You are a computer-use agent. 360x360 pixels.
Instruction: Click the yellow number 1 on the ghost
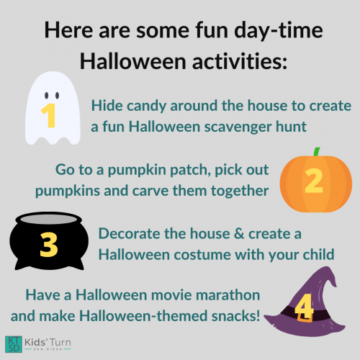coord(49,116)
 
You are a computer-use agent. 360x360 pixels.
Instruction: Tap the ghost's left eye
coord(47,95)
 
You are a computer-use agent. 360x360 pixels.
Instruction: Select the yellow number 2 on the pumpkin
coord(314,181)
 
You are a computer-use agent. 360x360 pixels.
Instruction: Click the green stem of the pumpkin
coord(317,152)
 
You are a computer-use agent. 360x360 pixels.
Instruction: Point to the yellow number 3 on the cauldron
coord(49,245)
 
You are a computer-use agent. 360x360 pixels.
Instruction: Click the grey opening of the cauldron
coord(50,219)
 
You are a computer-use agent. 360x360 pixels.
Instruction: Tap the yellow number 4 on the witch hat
coord(304,306)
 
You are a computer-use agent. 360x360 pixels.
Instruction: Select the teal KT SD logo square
coord(14,344)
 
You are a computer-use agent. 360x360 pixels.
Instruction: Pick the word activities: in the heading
coord(240,61)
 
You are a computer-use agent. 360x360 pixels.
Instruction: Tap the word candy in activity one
coord(146,107)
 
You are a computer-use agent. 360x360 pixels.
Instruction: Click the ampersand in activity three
coord(239,233)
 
